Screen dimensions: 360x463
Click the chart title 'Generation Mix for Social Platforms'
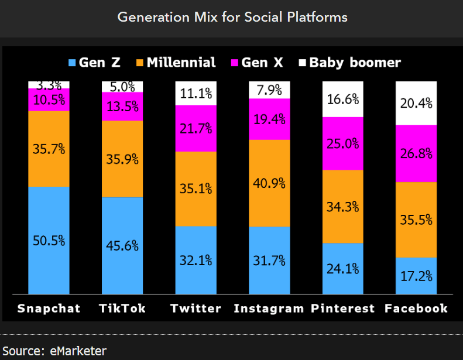coord(232,17)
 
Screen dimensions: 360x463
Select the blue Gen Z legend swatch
coord(72,63)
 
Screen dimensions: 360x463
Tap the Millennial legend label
coord(181,63)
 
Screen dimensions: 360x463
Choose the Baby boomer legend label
coord(355,63)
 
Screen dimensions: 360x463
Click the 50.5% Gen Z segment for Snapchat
coord(49,241)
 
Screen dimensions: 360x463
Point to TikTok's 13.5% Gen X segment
coord(122,107)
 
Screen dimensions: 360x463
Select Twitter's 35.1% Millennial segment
coord(196,188)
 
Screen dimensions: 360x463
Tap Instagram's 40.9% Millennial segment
coord(269,183)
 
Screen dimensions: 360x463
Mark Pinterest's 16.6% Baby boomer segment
coord(343,99)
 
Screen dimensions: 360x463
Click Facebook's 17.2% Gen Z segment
coord(416,276)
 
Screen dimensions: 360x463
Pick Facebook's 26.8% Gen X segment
coord(416,153)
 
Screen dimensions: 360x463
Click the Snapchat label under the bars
coord(49,308)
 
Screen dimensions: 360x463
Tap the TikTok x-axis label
coord(122,308)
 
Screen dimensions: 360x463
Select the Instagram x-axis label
coord(269,308)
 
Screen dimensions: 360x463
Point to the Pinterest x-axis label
coord(342,308)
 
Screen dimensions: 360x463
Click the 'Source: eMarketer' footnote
coord(54,351)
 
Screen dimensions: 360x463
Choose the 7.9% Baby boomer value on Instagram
coord(269,90)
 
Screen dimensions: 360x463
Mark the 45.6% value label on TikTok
coord(122,245)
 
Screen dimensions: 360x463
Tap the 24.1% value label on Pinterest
coord(343,269)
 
